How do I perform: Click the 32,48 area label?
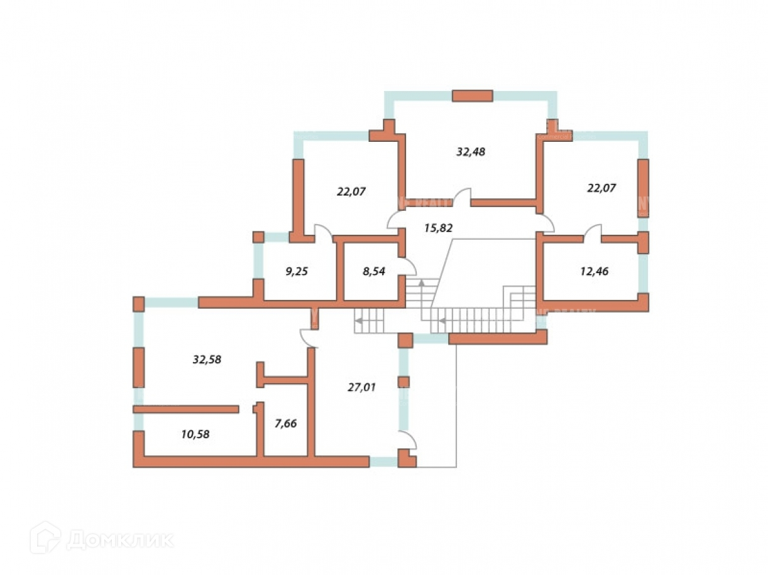470,151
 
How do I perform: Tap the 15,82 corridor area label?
439,227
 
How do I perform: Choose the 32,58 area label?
207,360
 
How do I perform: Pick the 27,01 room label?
361,387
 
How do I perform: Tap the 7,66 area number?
285,424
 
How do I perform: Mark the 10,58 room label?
194,433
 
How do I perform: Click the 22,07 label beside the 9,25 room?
351,191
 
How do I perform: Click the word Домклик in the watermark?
120,539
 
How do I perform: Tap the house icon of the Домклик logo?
45,538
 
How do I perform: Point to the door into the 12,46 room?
593,232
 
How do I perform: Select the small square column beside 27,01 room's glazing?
403,382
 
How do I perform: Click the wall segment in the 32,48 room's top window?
473,95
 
